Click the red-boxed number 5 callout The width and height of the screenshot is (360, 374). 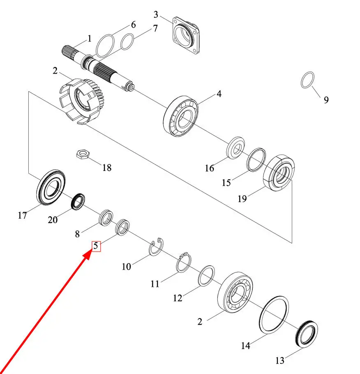click(96, 246)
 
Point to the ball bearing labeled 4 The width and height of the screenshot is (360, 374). click(181, 116)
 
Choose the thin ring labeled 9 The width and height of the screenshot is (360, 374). click(307, 80)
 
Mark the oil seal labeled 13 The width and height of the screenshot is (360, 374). click(306, 334)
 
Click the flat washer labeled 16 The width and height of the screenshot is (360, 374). click(235, 148)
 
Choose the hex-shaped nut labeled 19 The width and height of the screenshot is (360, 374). click(279, 173)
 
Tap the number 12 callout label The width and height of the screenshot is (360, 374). click(178, 298)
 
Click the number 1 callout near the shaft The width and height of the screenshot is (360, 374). click(90, 38)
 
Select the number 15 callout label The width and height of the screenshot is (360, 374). click(226, 183)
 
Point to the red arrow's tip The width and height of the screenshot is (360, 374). click(90, 254)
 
